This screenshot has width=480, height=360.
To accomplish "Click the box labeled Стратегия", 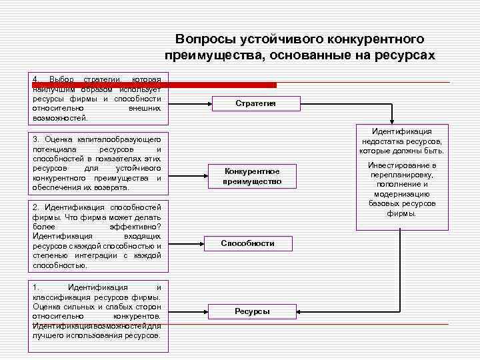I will [255, 103].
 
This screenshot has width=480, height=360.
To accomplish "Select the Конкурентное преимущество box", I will [251, 177].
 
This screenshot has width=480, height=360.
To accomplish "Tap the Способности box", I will [247, 243].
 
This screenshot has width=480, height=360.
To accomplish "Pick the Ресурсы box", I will [252, 311].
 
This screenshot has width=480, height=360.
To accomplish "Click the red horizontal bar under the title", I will [153, 85].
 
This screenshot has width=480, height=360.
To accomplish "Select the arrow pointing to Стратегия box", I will [190, 103].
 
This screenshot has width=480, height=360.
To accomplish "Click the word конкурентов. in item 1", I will [137, 316].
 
